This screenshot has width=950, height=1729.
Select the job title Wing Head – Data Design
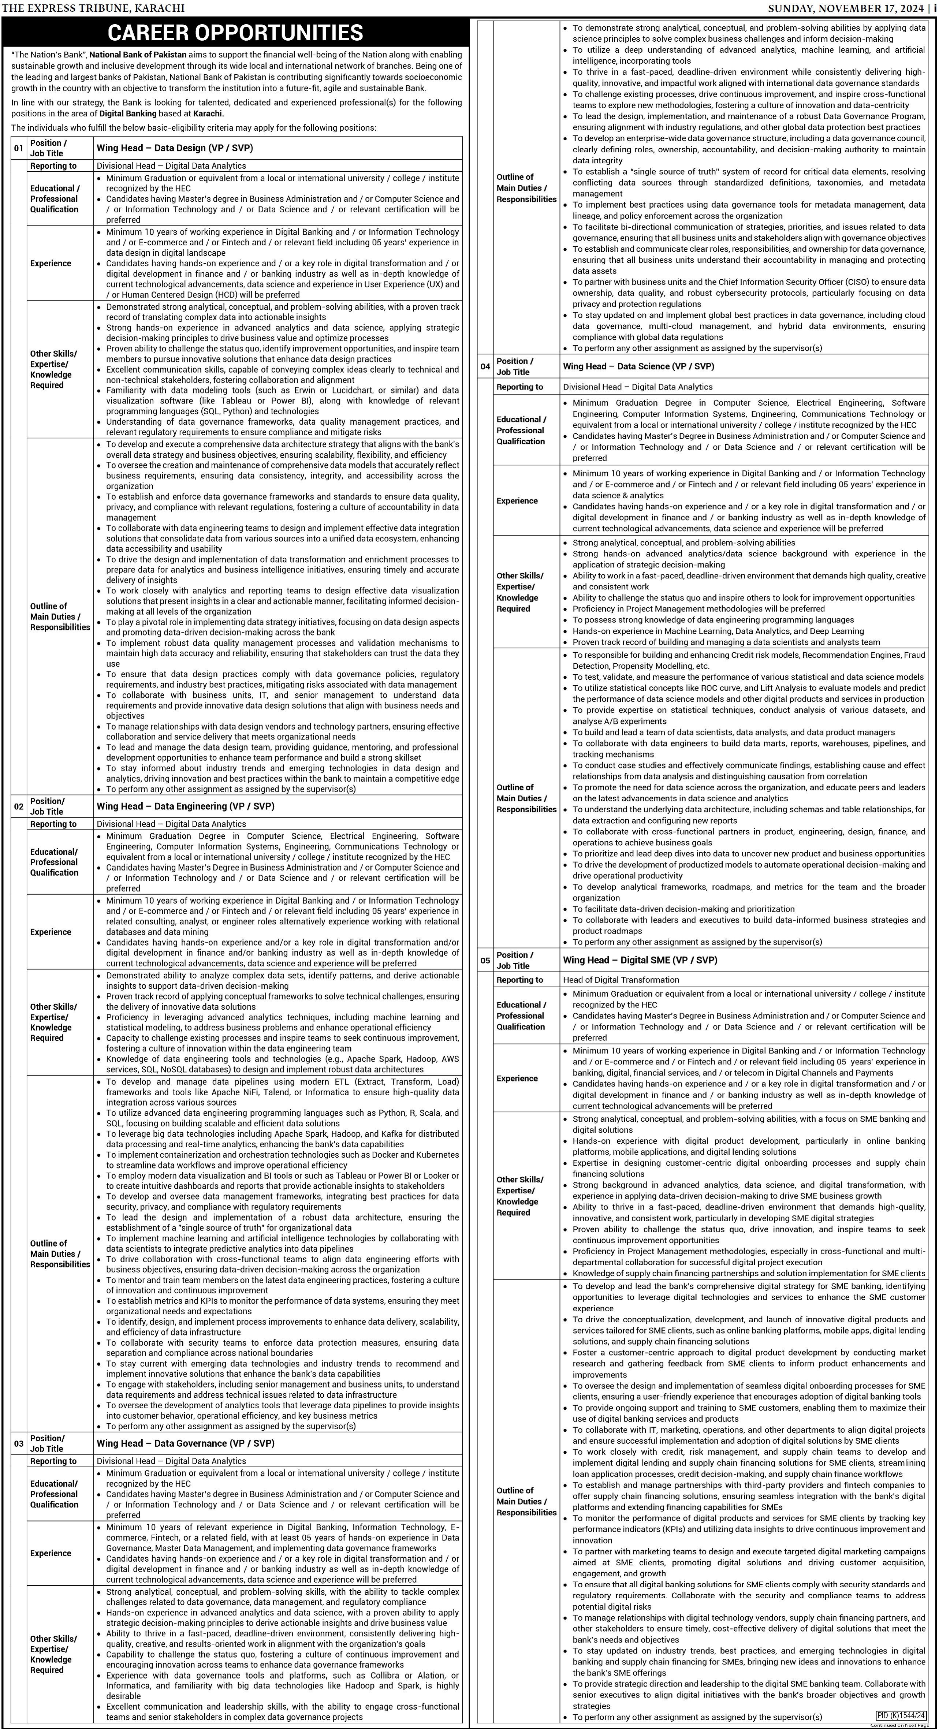click(x=175, y=148)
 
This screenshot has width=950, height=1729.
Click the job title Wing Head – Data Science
click(x=638, y=366)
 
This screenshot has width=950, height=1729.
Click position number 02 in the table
click(x=19, y=806)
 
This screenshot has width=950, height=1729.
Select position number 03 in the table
click(x=19, y=1443)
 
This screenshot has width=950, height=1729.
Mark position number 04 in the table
click(x=485, y=366)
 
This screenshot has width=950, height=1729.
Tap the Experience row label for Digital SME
click(x=517, y=1078)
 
